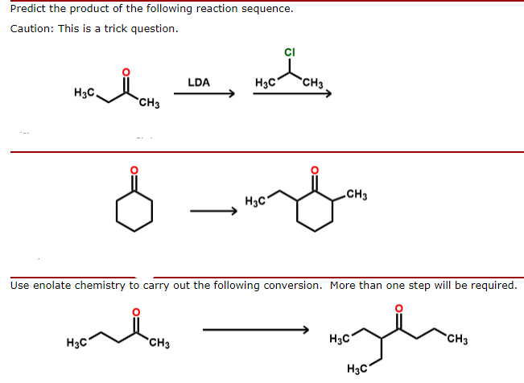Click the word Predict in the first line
(x=29, y=10)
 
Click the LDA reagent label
(x=199, y=82)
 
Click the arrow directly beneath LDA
(x=204, y=93)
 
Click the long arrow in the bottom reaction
(x=256, y=328)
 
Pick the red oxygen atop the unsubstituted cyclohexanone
(x=134, y=171)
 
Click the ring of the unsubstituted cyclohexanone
(x=134, y=211)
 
